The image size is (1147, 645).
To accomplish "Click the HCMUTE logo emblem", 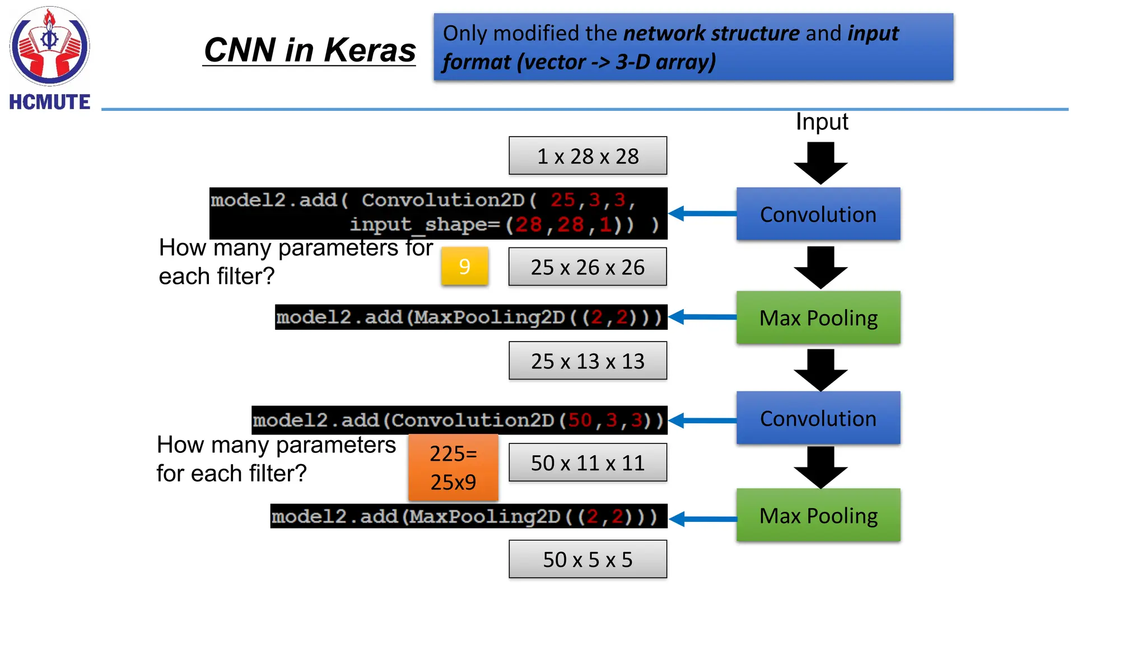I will [49, 46].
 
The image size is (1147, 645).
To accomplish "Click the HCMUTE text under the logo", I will [49, 102].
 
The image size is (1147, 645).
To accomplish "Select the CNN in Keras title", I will [309, 50].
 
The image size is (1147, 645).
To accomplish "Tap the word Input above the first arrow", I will [822, 122].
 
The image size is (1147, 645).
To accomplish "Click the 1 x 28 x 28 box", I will [588, 156].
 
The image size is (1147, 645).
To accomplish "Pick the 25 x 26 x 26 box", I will [588, 267].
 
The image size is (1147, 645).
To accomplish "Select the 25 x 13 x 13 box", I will [588, 361].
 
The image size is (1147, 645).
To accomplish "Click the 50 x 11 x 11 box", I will [588, 463].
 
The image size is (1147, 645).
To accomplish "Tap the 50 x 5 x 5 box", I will [588, 559].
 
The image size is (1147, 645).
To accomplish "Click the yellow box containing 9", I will [464, 267].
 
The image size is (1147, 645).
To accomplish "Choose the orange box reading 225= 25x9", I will [453, 468].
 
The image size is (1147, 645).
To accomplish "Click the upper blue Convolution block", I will [818, 214].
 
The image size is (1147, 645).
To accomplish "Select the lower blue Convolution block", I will [818, 418].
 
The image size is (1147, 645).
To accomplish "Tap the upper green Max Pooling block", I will [818, 317].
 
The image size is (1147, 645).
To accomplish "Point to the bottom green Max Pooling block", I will [818, 515].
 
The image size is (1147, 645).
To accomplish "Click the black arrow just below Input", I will [820, 163].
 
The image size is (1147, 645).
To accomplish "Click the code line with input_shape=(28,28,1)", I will [504, 225].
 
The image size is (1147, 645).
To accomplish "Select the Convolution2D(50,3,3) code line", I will [459, 420].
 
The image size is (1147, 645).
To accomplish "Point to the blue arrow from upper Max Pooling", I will [702, 317].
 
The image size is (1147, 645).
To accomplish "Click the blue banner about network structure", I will [693, 48].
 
